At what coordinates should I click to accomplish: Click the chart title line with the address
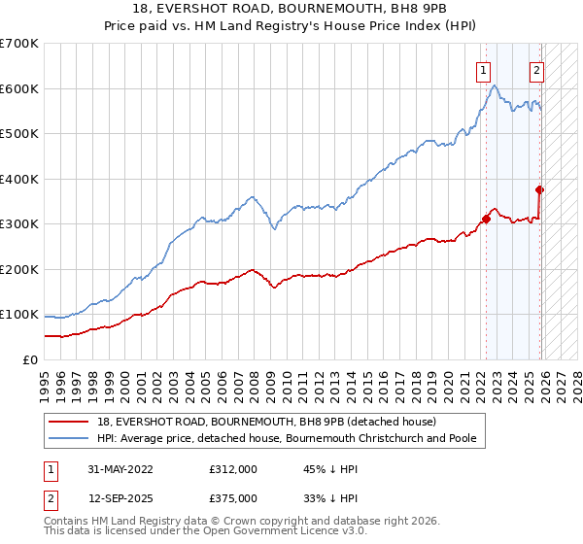(x=291, y=9)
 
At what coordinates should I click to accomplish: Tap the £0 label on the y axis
(x=29, y=360)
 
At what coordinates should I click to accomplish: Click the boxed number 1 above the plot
(x=483, y=69)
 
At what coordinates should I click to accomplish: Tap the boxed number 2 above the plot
(x=535, y=69)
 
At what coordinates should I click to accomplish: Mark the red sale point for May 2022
(x=486, y=219)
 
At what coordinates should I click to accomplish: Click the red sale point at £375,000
(x=539, y=190)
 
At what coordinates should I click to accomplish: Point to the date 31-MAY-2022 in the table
(x=128, y=468)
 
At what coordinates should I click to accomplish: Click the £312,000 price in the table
(x=233, y=468)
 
